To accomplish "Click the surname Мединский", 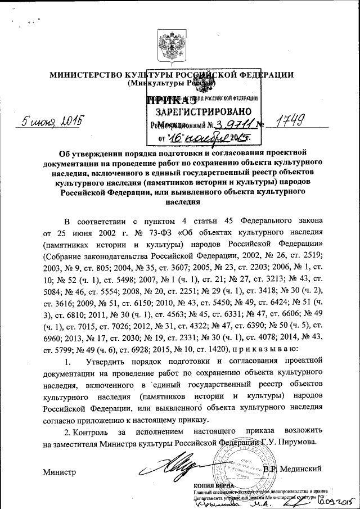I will [299, 468].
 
